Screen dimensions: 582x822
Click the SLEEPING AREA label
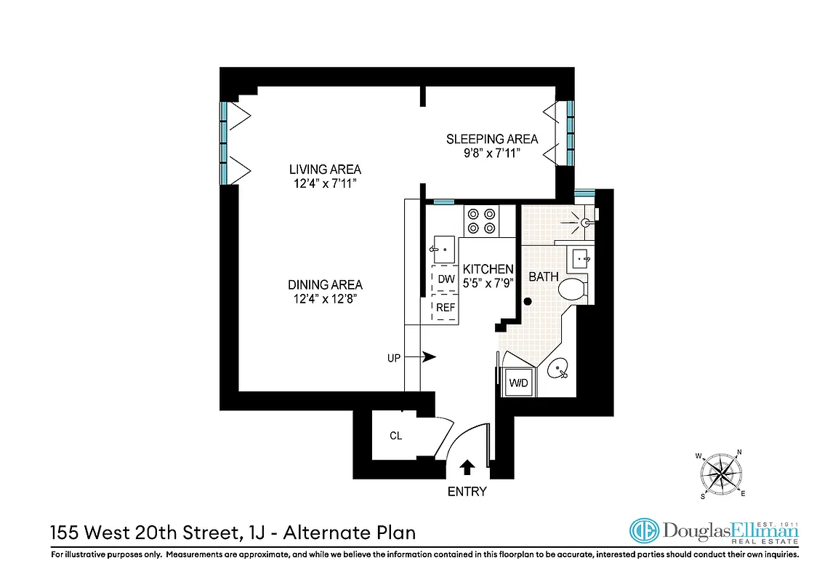point(492,139)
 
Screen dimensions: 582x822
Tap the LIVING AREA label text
point(325,170)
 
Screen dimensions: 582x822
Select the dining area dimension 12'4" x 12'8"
point(325,298)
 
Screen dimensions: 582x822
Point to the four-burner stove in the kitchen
point(481,220)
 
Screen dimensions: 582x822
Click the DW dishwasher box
point(446,279)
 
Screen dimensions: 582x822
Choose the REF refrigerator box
point(446,308)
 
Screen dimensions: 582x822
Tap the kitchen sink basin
point(443,249)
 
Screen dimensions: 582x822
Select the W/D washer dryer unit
point(518,381)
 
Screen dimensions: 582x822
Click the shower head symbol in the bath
point(584,222)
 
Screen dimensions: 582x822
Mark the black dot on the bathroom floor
point(528,301)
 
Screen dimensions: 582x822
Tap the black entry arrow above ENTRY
point(467,467)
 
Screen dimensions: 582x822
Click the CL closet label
point(395,436)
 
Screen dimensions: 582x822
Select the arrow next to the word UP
point(428,357)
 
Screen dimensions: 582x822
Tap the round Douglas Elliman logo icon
point(644,532)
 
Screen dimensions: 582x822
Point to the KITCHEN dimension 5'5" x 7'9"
point(488,282)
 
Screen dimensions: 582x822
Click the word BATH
point(543,276)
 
